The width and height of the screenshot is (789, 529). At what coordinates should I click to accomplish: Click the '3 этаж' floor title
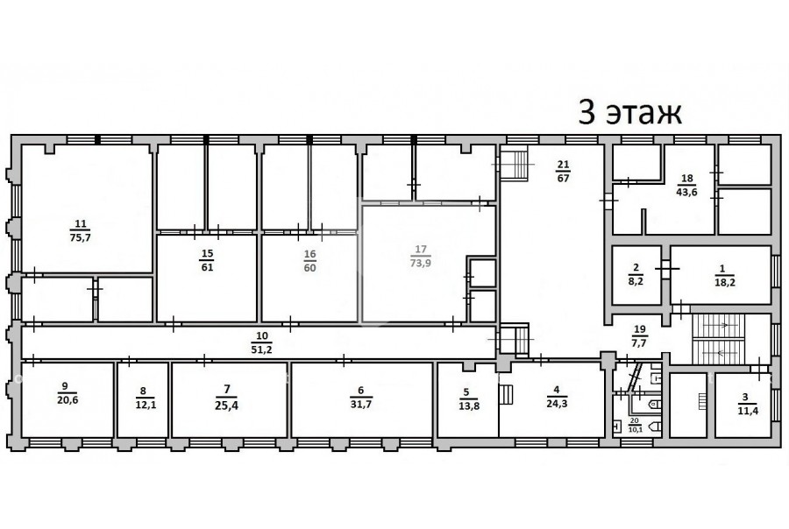pos(629,113)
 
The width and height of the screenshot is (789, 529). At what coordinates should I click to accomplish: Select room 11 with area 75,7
pos(81,231)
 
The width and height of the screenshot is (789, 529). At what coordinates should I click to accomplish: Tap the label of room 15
pos(207,260)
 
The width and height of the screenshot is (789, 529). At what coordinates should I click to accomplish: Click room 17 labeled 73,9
pos(421,256)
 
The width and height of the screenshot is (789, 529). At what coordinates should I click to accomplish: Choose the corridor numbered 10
pos(261,342)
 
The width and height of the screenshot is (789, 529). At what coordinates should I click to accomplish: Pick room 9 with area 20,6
pos(68,393)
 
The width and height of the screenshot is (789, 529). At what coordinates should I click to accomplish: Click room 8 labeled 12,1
pos(146,398)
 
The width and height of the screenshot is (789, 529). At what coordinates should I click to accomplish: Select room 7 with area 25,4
pos(227,398)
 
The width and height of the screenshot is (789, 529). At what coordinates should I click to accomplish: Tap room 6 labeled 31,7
pos(361,397)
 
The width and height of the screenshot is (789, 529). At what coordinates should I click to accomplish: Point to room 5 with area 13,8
pos(469,399)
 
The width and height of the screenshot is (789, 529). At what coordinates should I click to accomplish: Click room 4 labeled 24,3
pos(557,396)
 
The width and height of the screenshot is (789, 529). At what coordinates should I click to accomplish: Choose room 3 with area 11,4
pos(748,405)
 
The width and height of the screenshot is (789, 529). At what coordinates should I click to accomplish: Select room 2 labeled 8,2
pos(636,274)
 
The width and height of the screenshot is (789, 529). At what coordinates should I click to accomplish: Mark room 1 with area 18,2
pos(725,276)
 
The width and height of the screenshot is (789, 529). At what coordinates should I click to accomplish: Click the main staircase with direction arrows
pos(718,339)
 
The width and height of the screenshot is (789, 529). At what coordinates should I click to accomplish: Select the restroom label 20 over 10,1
pos(635,425)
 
